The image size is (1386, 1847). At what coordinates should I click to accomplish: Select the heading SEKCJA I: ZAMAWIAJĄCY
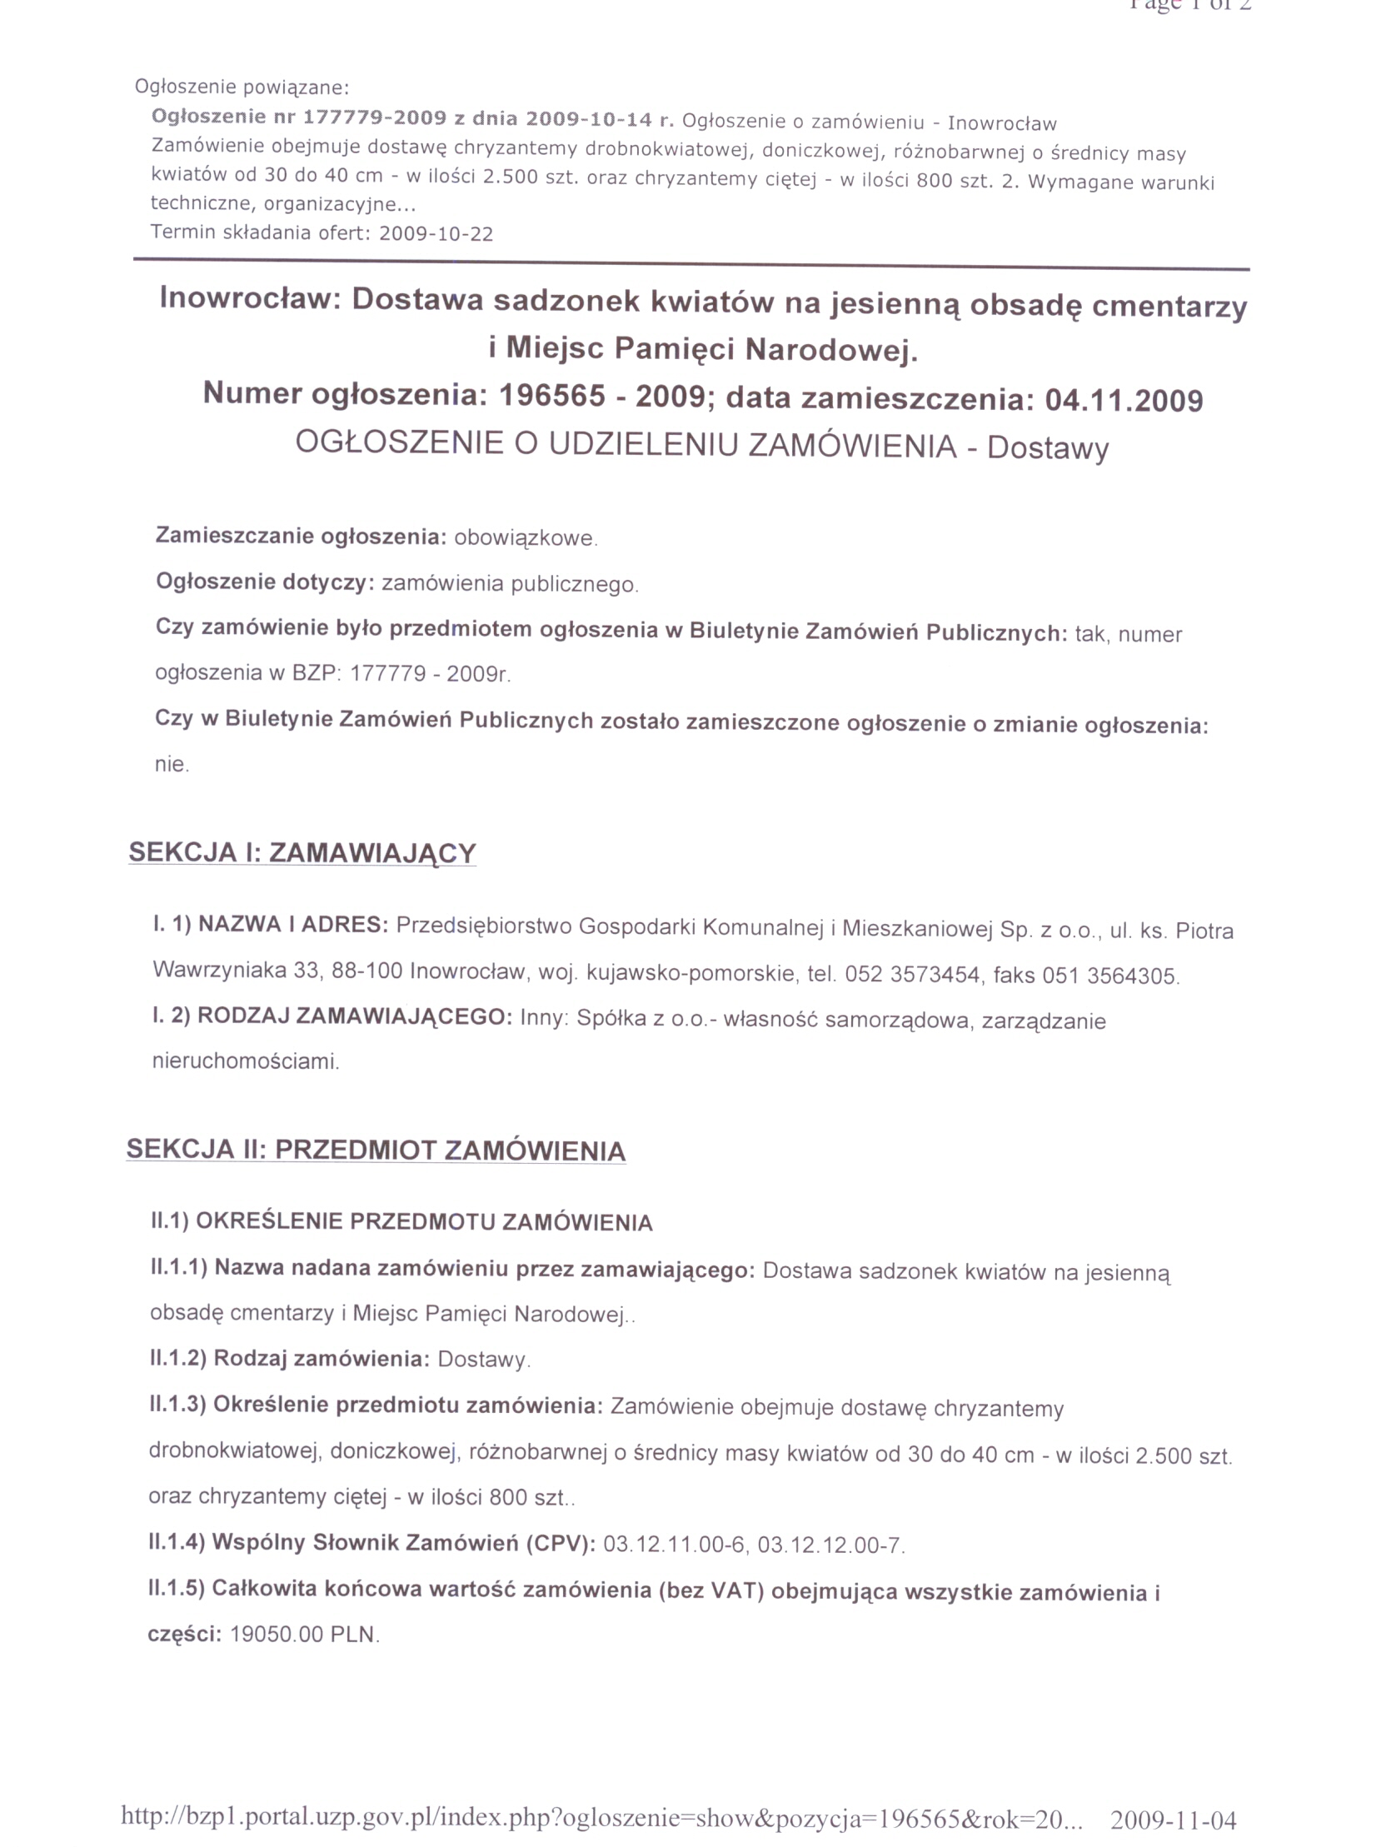pos(302,852)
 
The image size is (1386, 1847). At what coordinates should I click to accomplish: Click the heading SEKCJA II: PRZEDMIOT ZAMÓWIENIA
pos(376,1150)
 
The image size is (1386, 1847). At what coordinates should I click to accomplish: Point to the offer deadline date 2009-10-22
pos(436,234)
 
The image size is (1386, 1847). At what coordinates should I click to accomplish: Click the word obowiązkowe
pos(526,537)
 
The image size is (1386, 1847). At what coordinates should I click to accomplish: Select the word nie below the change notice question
pos(171,764)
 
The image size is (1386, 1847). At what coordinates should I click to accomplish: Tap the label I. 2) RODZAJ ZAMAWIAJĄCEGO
pos(332,1016)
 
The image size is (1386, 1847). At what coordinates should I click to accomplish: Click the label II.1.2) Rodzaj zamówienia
pos(289,1359)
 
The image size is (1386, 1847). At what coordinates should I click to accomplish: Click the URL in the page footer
pos(601,1816)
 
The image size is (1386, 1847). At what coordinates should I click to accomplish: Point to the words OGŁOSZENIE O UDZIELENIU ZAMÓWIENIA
pos(626,444)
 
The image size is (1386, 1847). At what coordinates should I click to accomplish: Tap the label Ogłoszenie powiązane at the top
pos(242,87)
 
